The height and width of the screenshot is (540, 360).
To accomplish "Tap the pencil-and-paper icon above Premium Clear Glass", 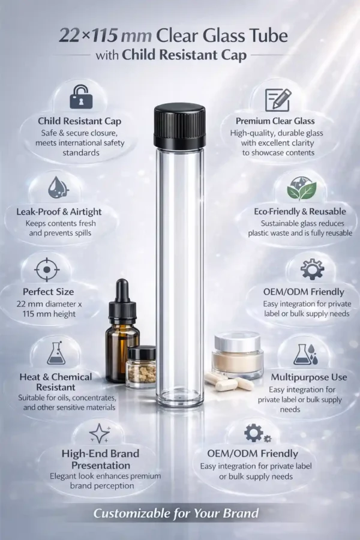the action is [x=278, y=100].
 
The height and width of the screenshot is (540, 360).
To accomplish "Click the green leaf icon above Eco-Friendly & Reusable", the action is [x=302, y=189].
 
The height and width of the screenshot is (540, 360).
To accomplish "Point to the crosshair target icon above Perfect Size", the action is [x=47, y=269].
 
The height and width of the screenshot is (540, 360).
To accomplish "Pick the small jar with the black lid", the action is [x=142, y=367].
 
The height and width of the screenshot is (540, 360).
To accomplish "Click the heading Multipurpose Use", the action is [x=308, y=377].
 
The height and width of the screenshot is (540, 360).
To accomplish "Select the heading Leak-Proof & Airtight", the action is [x=59, y=211].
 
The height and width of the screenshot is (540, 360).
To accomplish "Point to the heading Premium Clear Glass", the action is [x=275, y=121].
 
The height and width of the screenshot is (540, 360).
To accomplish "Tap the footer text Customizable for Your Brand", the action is [x=176, y=514].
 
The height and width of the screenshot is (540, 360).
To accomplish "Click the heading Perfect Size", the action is [x=48, y=292].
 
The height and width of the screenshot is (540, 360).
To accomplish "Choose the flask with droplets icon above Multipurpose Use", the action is [x=305, y=355].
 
